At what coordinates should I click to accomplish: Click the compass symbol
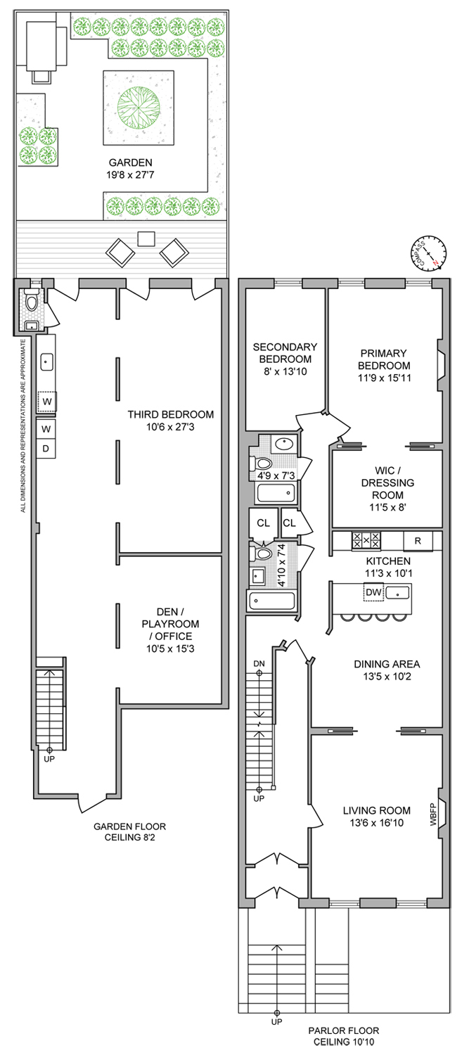click(x=428, y=254)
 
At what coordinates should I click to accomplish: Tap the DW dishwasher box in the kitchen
click(x=374, y=592)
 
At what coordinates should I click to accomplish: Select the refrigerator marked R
click(x=418, y=541)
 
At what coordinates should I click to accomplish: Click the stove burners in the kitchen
click(x=366, y=539)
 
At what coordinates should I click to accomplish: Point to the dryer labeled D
click(x=46, y=449)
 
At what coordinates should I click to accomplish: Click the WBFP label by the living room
click(x=433, y=814)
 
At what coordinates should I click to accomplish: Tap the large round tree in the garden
click(x=139, y=108)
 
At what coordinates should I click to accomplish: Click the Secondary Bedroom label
click(x=285, y=353)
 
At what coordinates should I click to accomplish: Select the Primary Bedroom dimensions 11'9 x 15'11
click(x=384, y=377)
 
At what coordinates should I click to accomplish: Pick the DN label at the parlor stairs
click(x=259, y=664)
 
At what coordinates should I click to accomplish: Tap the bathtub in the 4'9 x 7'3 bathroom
click(x=275, y=492)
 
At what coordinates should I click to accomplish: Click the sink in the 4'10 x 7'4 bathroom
click(x=258, y=576)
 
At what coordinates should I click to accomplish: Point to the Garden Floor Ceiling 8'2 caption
click(x=129, y=832)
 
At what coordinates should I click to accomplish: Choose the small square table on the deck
click(x=146, y=239)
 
